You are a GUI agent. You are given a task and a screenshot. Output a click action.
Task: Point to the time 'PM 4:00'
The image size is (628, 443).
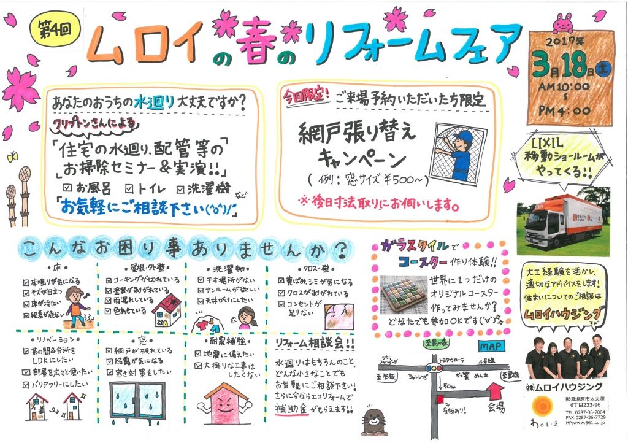coord(565,111)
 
